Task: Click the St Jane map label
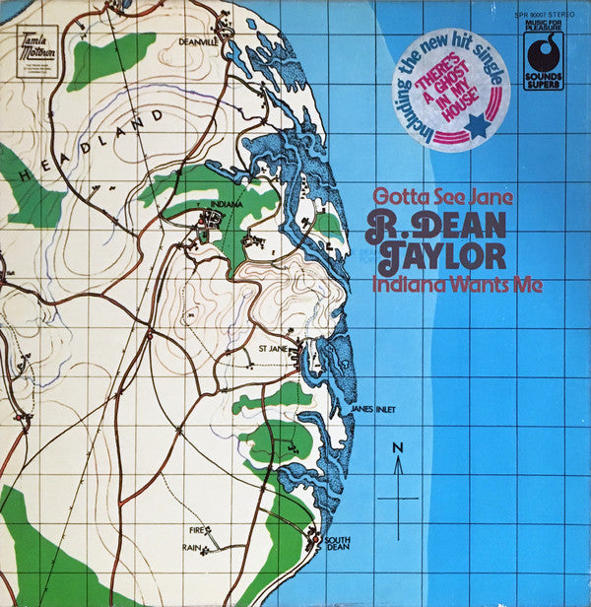[272, 348]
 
